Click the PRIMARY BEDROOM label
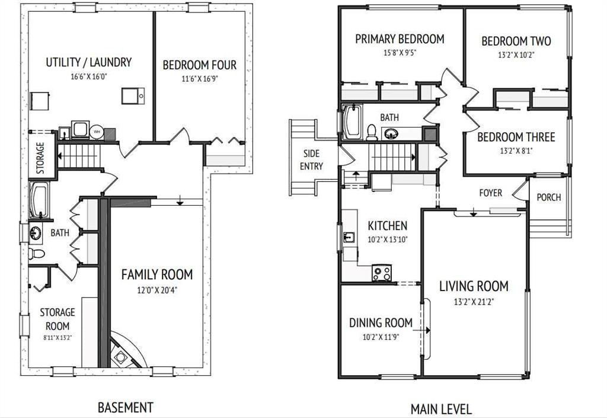click(400, 39)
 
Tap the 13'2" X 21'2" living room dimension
click(474, 302)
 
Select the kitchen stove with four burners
click(382, 273)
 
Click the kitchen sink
click(349, 237)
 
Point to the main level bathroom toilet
click(372, 133)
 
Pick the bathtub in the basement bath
click(39, 200)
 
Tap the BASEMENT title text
click(126, 407)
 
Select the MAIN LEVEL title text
click(441, 409)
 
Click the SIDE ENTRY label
click(311, 159)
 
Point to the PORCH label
click(548, 197)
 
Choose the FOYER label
click(490, 193)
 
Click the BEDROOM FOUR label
click(199, 65)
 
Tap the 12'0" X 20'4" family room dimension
click(157, 290)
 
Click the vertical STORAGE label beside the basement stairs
click(40, 158)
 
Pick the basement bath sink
click(35, 234)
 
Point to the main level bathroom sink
click(391, 134)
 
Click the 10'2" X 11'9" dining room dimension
click(381, 337)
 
